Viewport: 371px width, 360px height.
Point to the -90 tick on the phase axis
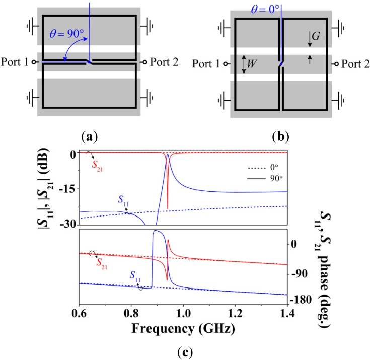tap(303, 274)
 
